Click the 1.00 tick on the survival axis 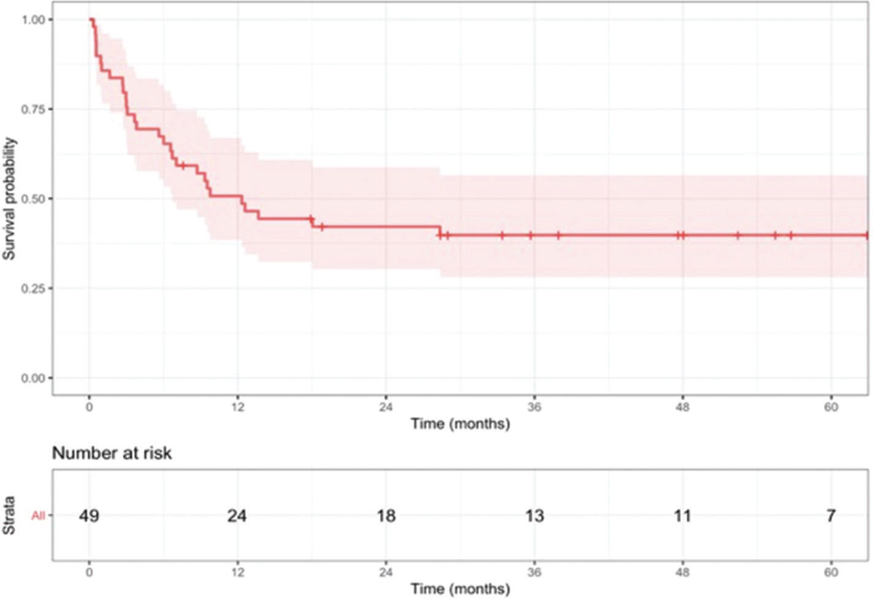click(33, 20)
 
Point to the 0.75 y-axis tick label click(33, 109)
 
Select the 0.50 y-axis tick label click(33, 199)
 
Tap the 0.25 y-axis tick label click(33, 288)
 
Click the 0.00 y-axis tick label click(33, 378)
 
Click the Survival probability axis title click(10, 198)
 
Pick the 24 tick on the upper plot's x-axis click(386, 407)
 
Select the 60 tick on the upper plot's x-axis click(830, 407)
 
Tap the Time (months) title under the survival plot click(460, 424)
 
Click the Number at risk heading click(112, 453)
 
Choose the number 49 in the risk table click(89, 516)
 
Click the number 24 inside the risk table click(237, 516)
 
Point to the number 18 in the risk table click(386, 516)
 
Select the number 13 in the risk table click(534, 516)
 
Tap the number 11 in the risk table click(682, 516)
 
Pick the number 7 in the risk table click(830, 516)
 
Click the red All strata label click(38, 516)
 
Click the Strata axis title click(10, 515)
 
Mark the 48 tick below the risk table click(682, 572)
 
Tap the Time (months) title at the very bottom click(460, 589)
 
